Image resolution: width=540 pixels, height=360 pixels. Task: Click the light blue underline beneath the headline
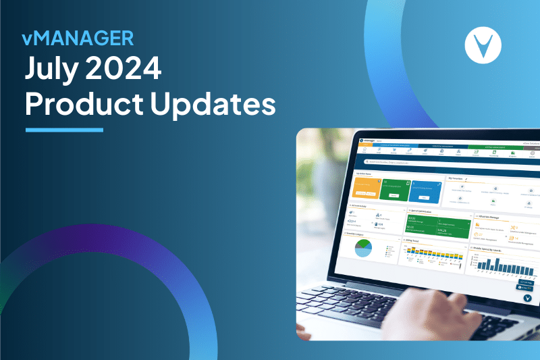point(64,129)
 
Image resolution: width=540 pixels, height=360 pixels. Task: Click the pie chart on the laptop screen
point(363,248)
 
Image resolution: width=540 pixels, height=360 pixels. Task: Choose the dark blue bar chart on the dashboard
point(502,265)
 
